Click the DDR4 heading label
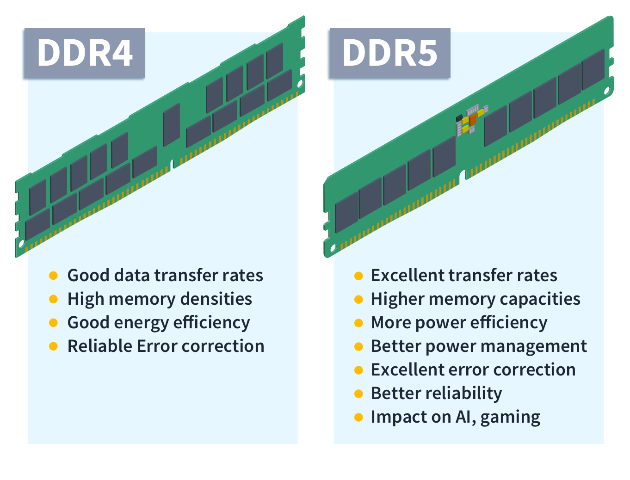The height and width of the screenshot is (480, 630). tap(85, 53)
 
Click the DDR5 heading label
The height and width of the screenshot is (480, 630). tap(389, 53)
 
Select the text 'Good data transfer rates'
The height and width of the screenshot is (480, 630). tap(165, 276)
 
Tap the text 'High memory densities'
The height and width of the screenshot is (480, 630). tap(160, 299)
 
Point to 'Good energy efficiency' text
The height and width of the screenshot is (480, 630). tap(159, 323)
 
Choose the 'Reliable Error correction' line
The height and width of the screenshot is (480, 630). tap(166, 346)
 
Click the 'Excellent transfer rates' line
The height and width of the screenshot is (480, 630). tap(464, 276)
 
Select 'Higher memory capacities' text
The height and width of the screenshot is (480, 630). tap(476, 299)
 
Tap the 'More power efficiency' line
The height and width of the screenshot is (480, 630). tap(459, 323)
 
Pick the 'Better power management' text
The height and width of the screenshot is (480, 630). tap(479, 346)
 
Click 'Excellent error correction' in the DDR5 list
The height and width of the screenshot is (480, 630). tap(473, 370)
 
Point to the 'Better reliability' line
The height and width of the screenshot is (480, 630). tap(436, 394)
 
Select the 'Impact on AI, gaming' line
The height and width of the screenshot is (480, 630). tap(455, 417)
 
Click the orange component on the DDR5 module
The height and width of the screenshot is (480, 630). tap(472, 120)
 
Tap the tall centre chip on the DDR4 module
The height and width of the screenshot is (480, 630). tap(171, 125)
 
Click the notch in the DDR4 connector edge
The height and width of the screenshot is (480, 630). tap(173, 164)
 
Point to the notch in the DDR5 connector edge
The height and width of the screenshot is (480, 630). tap(463, 175)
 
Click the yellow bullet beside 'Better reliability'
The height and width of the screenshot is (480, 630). tap(358, 394)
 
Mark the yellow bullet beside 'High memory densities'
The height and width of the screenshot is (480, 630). tap(54, 299)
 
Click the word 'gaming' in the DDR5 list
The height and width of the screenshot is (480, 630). tap(510, 418)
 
